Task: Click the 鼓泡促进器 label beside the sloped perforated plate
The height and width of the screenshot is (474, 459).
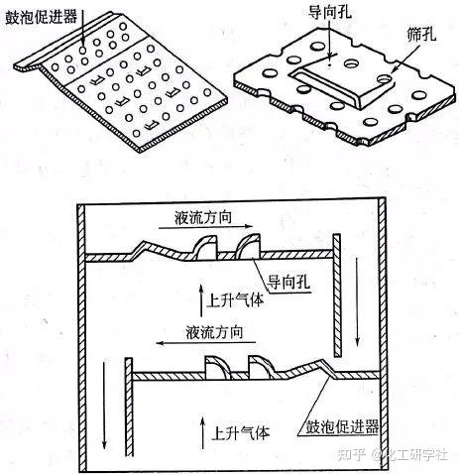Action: [x=41, y=17]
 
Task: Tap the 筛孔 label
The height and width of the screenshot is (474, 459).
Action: [x=421, y=34]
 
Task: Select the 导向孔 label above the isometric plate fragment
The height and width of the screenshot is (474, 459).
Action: [x=329, y=12]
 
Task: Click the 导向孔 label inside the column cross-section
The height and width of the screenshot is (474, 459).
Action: [x=288, y=283]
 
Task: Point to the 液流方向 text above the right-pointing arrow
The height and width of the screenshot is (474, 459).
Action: [x=203, y=217]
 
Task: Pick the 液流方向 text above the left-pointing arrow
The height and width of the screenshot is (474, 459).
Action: [x=214, y=332]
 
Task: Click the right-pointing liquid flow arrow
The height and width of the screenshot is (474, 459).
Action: [x=205, y=227]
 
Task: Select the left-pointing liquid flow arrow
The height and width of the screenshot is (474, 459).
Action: [x=206, y=343]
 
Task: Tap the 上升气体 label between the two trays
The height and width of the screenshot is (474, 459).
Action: [x=235, y=300]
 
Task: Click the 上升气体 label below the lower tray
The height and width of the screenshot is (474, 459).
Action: [x=240, y=432]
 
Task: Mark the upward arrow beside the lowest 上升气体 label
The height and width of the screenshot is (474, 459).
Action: [x=203, y=432]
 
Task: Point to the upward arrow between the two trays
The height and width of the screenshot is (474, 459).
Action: [x=201, y=300]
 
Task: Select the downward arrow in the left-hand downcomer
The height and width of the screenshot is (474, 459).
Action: [x=104, y=406]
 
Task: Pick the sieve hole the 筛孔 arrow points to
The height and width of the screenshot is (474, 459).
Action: [x=385, y=79]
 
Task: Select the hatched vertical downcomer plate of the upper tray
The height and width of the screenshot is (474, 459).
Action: [x=337, y=296]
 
